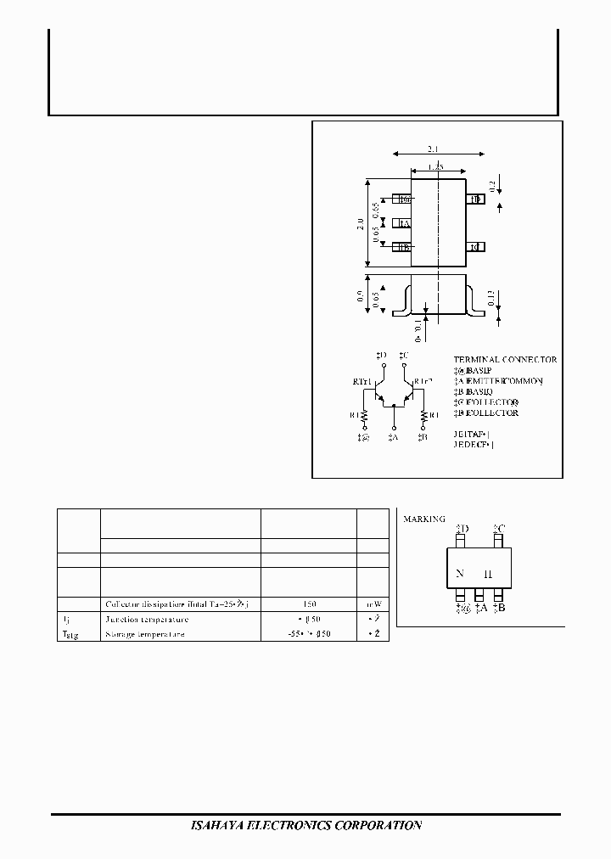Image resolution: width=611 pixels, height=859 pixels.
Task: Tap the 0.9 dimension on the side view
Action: point(361,296)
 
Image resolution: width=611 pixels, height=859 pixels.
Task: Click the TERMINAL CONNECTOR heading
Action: point(505,360)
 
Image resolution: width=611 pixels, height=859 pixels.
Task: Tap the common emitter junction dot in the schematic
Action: point(394,405)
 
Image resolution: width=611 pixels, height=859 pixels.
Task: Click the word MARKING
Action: point(422,519)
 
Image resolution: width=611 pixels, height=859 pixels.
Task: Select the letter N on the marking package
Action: point(459,574)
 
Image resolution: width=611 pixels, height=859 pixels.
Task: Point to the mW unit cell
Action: point(373,604)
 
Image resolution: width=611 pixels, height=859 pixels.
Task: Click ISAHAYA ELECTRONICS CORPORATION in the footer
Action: point(304,825)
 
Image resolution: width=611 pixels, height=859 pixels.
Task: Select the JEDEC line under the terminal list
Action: point(474,444)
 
